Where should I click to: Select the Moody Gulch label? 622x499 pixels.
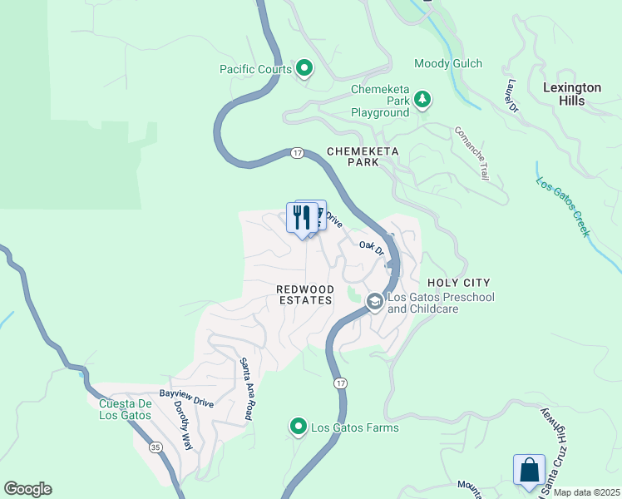(448, 64)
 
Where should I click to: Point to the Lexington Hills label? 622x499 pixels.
(572, 94)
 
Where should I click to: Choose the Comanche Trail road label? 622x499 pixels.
(471, 154)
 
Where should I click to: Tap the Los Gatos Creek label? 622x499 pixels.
(563, 208)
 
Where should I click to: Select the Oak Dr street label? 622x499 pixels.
(372, 248)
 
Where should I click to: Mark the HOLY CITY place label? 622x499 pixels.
(458, 283)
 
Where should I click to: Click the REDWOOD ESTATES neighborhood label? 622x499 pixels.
(305, 294)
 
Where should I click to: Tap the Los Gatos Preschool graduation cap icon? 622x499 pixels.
(374, 302)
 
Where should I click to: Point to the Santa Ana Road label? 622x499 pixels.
(246, 388)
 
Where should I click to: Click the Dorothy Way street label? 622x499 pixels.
(182, 426)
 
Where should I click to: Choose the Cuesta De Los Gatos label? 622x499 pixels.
(125, 410)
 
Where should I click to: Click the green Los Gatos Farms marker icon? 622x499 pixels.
(299, 427)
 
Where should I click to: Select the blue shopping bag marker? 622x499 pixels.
(529, 470)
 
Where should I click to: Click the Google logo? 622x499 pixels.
(27, 489)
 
